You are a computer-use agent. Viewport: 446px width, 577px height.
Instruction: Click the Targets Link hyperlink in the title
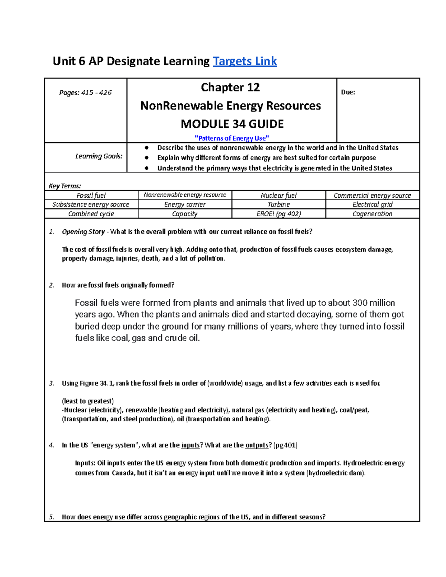point(245,61)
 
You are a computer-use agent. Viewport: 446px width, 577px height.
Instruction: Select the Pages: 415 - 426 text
point(85,93)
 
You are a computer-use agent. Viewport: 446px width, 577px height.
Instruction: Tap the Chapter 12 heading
point(230,87)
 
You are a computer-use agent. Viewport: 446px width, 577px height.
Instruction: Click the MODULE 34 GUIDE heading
point(232,124)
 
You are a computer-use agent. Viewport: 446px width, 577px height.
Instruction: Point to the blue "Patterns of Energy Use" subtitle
point(232,138)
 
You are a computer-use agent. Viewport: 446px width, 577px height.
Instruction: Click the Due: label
point(348,93)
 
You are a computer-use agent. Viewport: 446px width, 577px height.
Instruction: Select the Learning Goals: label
point(99,156)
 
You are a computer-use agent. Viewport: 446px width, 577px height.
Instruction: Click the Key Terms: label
point(65,186)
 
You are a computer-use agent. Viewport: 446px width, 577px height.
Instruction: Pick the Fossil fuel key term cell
point(91,195)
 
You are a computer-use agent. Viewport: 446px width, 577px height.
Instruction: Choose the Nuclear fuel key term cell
point(278,195)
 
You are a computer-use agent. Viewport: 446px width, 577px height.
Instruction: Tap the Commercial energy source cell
point(372,195)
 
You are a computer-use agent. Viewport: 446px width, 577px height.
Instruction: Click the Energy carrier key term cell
point(185,204)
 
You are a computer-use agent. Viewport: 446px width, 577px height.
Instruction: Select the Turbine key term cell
point(278,204)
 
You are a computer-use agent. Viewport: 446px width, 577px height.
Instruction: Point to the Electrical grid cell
point(372,204)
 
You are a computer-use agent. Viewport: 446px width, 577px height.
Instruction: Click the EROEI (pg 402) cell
point(278,214)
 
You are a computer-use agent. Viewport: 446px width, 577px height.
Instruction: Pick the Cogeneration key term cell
point(372,214)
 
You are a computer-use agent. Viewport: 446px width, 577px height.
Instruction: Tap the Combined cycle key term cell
point(91,214)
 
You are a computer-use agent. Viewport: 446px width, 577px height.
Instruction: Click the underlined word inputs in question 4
point(190,445)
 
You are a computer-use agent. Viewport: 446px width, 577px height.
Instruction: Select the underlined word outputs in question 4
point(257,445)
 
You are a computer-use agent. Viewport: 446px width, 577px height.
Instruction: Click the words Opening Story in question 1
point(83,232)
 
